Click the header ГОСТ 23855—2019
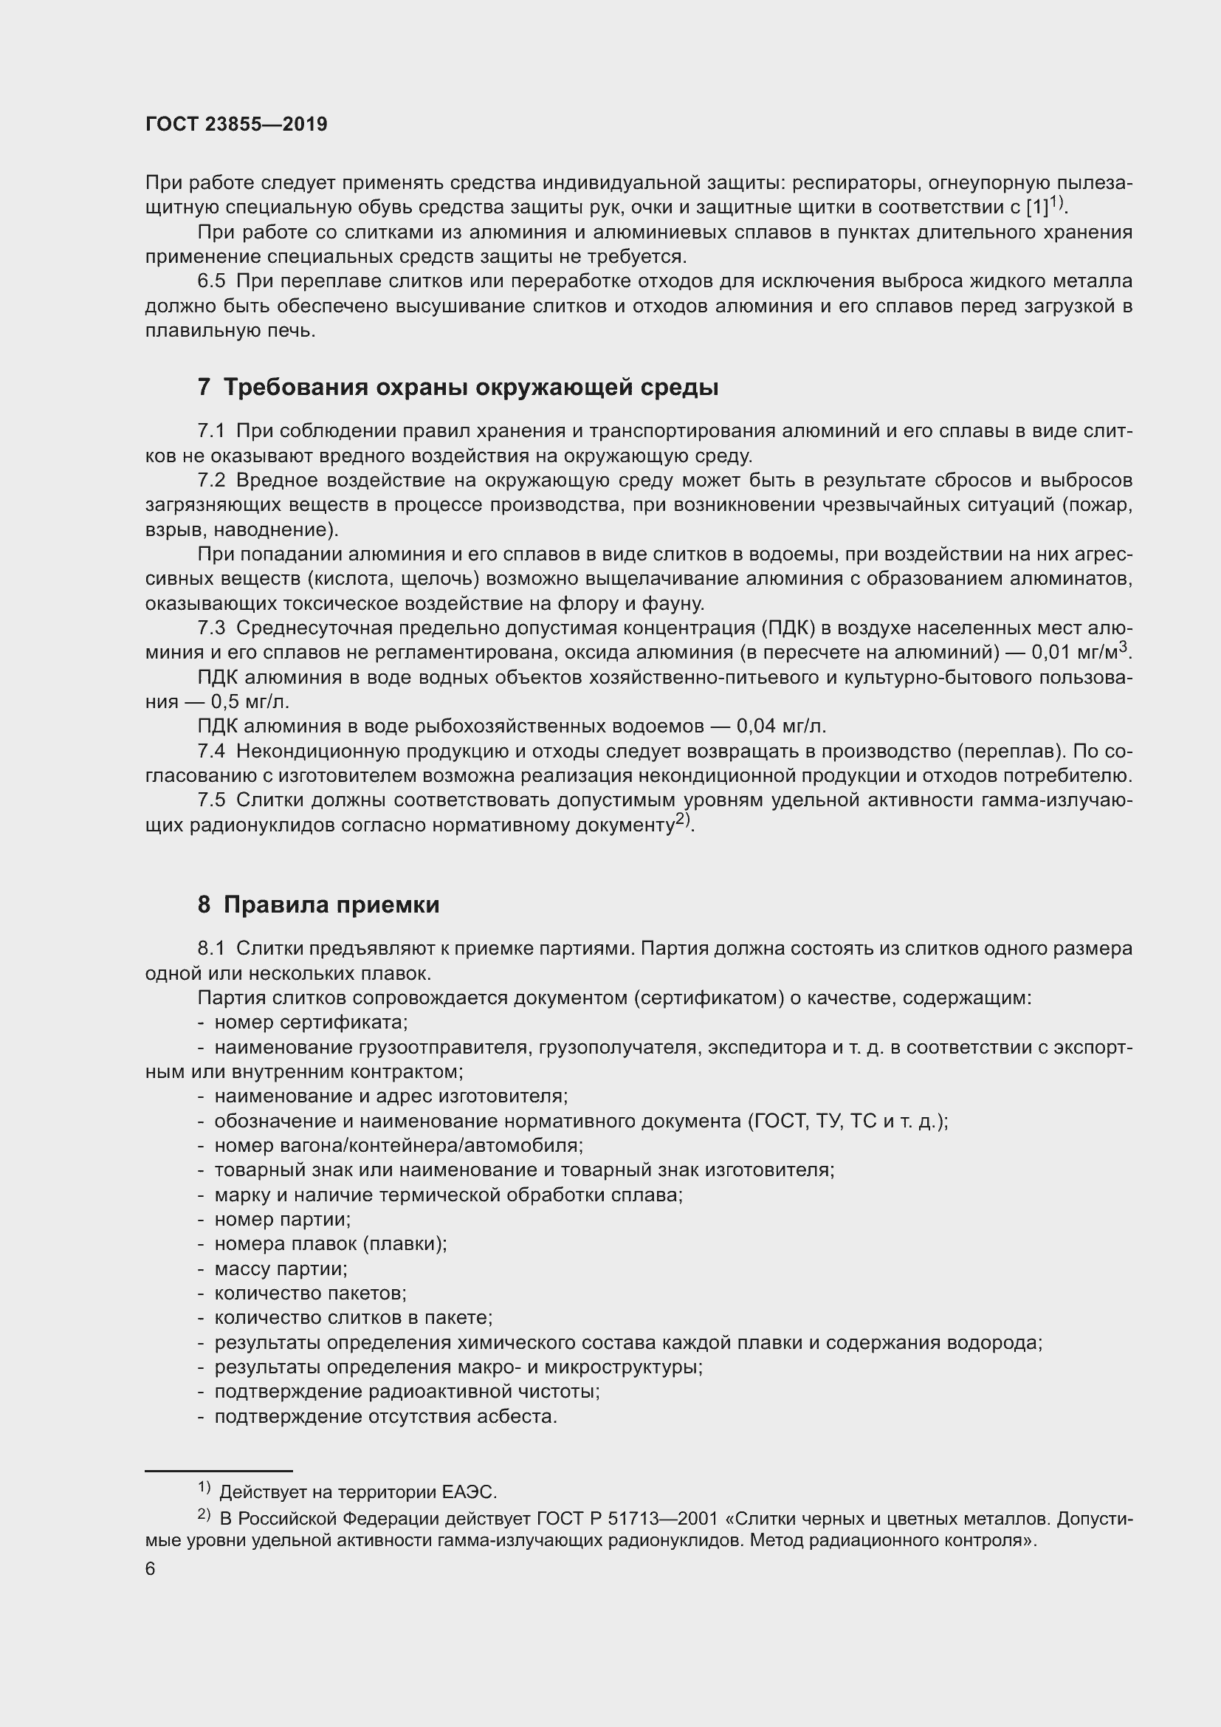236,125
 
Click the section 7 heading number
204,388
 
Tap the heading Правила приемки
331,905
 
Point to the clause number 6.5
211,281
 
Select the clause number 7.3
211,628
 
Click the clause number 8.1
211,950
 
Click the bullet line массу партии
281,1270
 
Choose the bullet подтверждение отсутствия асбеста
385,1417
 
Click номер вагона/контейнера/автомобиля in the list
399,1147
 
